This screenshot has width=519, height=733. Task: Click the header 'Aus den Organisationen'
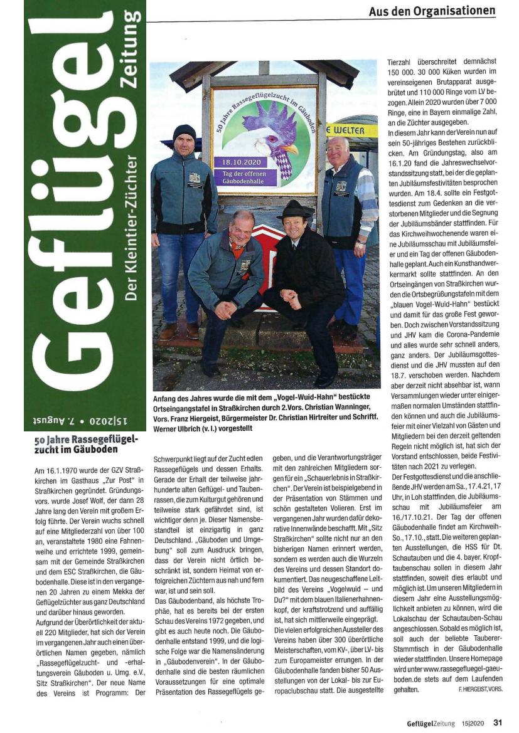click(x=432, y=11)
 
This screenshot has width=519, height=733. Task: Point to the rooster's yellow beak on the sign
click(x=291, y=149)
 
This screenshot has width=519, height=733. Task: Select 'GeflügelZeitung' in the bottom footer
click(x=431, y=723)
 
